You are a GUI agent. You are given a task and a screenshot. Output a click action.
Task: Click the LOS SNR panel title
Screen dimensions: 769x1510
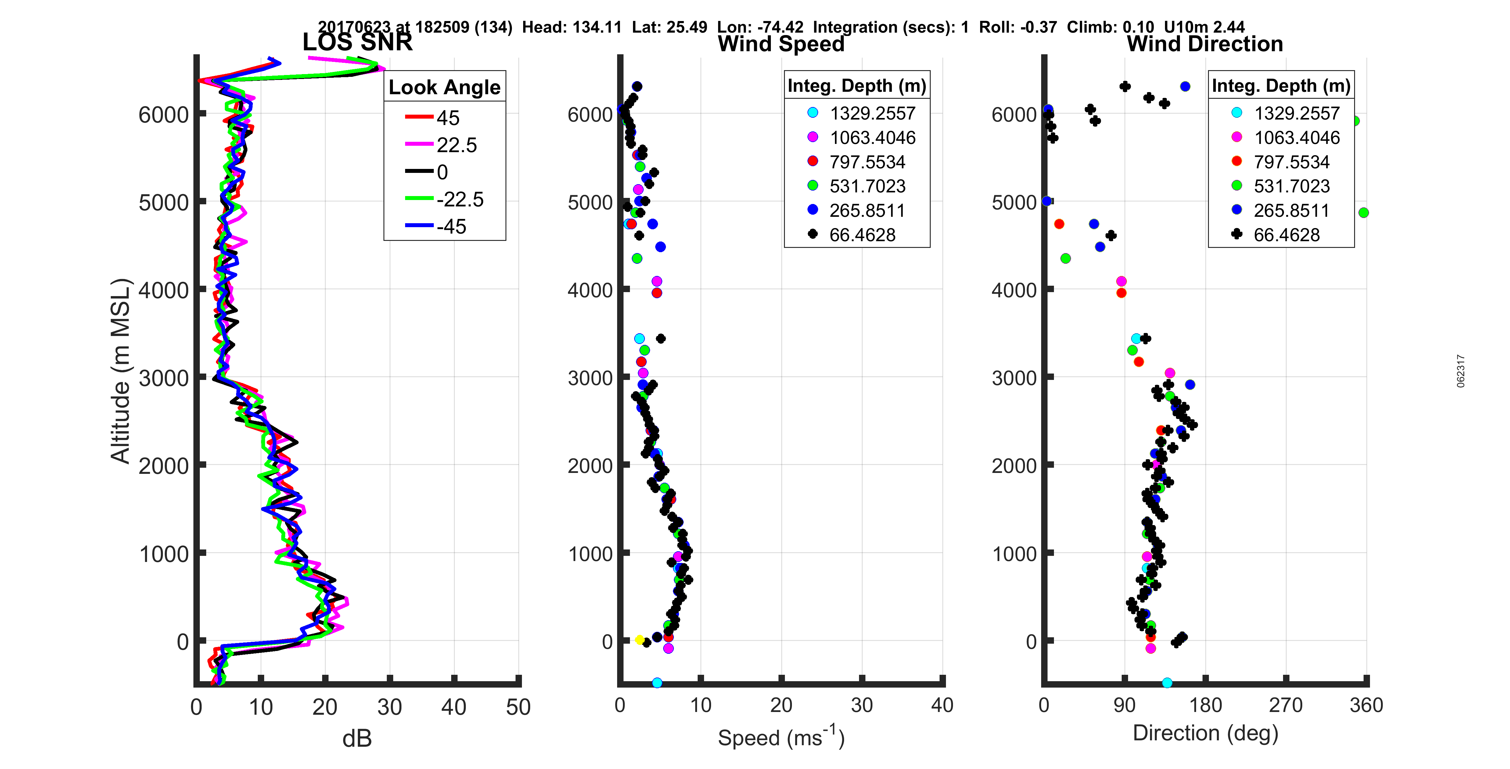pos(357,42)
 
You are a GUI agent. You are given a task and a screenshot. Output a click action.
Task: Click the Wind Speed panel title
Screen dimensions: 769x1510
pos(781,44)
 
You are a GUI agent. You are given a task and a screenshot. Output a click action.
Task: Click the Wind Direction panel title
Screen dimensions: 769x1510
pos(1205,44)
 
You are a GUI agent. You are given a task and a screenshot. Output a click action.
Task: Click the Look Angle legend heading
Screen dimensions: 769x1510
pos(444,87)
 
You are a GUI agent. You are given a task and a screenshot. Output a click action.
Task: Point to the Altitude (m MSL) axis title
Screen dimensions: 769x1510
pos(120,371)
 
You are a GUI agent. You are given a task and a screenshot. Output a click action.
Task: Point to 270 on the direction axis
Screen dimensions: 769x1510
pos(1285,705)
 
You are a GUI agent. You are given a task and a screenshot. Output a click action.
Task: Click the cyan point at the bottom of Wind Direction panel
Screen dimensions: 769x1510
pos(1167,683)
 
